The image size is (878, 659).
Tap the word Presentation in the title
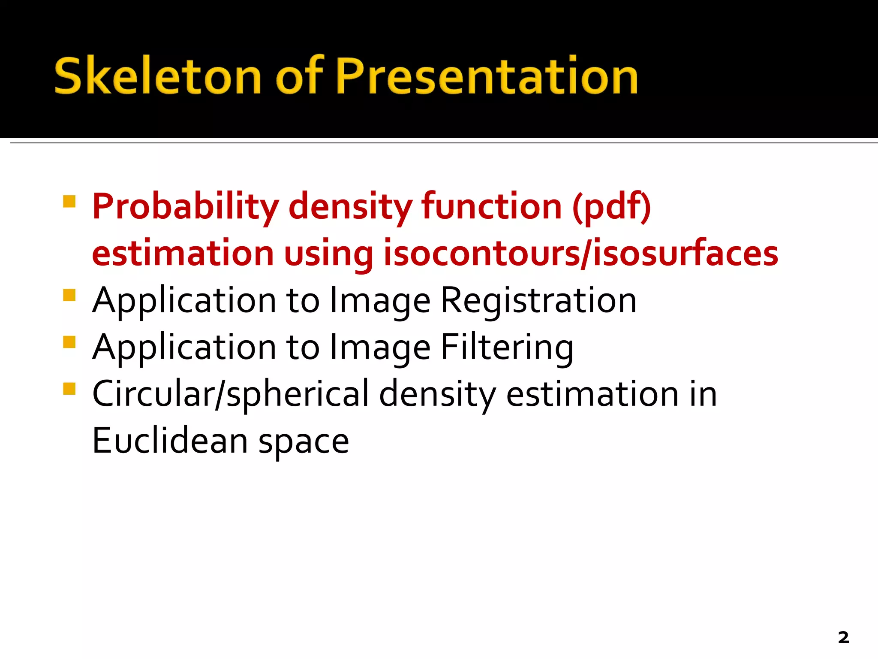click(487, 76)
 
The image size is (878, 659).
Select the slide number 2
click(843, 638)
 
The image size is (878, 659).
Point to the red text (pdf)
click(611, 207)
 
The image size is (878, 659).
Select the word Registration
click(538, 301)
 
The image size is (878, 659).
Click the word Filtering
click(507, 348)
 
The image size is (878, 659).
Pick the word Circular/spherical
click(231, 394)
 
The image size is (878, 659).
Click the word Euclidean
click(170, 441)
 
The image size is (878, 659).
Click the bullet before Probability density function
click(69, 202)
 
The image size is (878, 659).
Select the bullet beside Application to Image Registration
click(69, 295)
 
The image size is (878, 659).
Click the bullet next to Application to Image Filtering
click(69, 342)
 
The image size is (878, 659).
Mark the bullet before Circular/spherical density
click(69, 389)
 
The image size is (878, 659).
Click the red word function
click(491, 206)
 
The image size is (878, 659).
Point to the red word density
click(350, 207)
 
